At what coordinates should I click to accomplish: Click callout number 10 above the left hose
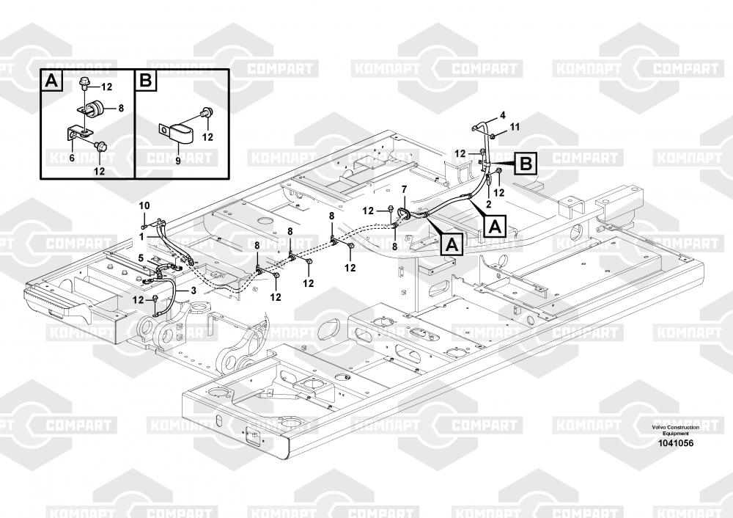tap(144, 205)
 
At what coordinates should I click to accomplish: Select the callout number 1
tap(141, 237)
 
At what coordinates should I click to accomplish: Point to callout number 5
tap(141, 258)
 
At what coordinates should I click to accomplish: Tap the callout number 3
tap(193, 290)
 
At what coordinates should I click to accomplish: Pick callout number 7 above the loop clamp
tap(405, 189)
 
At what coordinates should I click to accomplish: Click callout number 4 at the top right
tap(503, 114)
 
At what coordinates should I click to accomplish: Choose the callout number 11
tap(515, 126)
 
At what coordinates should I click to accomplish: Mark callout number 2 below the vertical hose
tap(488, 203)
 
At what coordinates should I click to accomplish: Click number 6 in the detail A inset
tap(72, 158)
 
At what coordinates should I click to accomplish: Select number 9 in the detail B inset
tap(177, 161)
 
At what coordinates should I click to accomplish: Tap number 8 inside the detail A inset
tap(121, 108)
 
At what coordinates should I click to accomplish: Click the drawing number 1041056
tap(676, 443)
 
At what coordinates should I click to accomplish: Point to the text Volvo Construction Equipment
tap(676, 431)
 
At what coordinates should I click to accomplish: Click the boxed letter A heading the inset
tap(52, 81)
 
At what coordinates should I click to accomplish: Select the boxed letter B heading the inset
tap(146, 81)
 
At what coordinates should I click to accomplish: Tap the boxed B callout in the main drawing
tap(526, 164)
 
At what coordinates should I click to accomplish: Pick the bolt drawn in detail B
tap(206, 113)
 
